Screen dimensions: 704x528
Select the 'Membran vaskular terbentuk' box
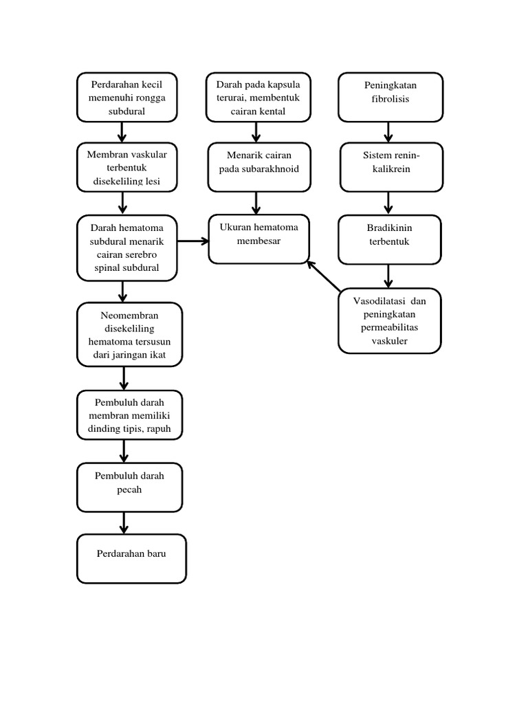tap(126, 167)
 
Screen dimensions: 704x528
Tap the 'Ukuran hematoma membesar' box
tap(258, 239)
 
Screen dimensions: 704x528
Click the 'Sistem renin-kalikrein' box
tap(390, 167)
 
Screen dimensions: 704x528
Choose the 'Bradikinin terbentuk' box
tap(389, 239)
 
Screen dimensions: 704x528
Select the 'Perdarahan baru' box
tap(131, 558)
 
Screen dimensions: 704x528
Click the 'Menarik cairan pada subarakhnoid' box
tap(259, 167)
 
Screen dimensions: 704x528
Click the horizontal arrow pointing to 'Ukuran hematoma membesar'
tap(193, 241)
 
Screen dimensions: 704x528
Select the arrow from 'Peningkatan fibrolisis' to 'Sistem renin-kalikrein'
tap(389, 132)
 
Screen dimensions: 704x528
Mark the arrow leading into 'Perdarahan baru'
tap(124, 522)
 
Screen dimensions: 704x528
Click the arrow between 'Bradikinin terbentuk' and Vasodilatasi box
tap(389, 275)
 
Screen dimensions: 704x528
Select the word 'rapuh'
tap(168, 428)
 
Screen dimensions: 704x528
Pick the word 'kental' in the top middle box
tap(274, 111)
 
